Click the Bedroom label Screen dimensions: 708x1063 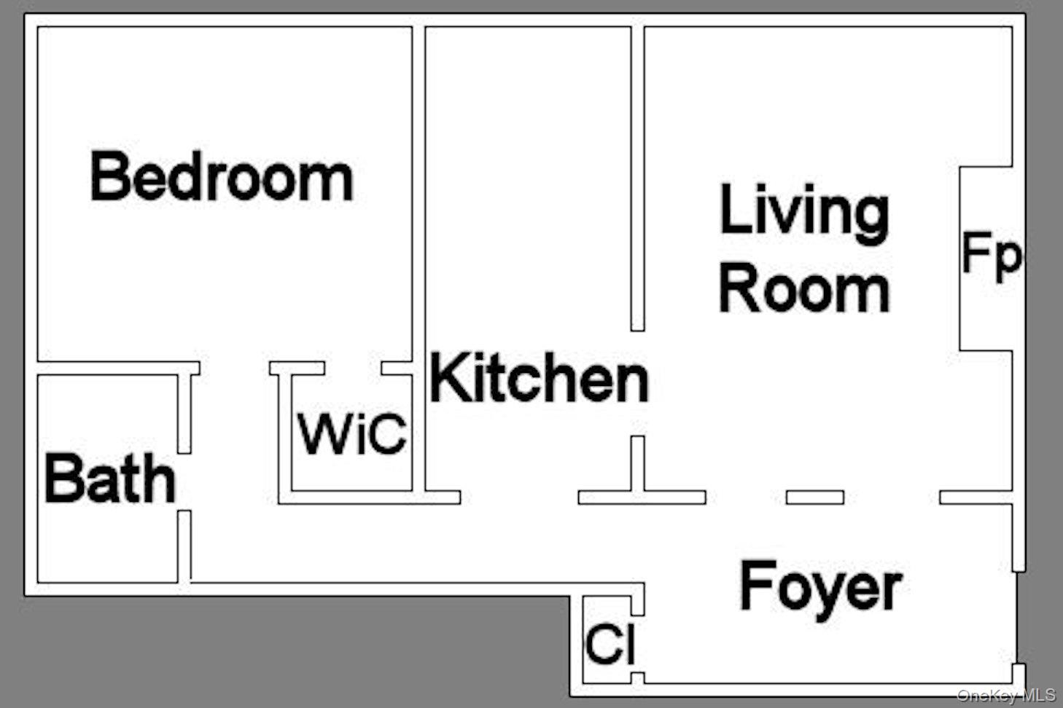coord(222,177)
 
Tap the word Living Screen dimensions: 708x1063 coord(804,211)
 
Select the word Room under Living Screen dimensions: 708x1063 coord(804,288)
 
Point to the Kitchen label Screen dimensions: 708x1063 coord(539,377)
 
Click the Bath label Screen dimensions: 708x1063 coord(110,479)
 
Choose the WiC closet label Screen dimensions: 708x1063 coord(351,434)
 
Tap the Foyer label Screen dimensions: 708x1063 coord(820,588)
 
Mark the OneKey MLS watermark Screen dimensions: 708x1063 coord(1006,696)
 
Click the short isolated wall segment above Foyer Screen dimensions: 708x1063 coord(815,497)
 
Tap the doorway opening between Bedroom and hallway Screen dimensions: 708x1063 coord(235,368)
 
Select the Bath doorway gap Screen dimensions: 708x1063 coord(184,481)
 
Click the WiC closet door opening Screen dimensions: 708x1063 coord(354,368)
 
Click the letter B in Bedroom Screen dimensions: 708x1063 coord(108,176)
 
